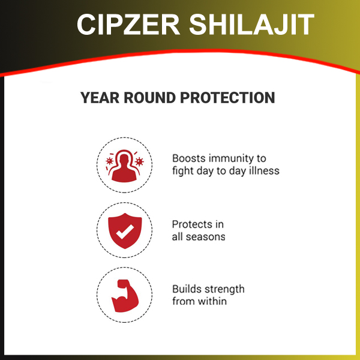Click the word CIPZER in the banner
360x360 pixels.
(128, 25)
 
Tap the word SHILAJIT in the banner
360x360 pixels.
(251, 25)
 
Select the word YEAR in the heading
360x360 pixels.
(100, 98)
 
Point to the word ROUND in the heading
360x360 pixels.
(149, 98)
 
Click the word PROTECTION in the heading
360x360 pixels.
(227, 98)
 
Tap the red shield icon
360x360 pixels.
(125, 230)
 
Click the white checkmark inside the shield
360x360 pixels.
(125, 231)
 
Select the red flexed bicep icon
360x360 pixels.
(125, 296)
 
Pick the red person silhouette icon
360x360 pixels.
(124, 168)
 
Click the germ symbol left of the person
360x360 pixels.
(110, 161)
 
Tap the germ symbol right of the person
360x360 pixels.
(139, 161)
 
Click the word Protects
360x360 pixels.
(193, 224)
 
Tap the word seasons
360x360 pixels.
(205, 237)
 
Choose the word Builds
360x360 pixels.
(185, 289)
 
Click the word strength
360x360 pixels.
(223, 290)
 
